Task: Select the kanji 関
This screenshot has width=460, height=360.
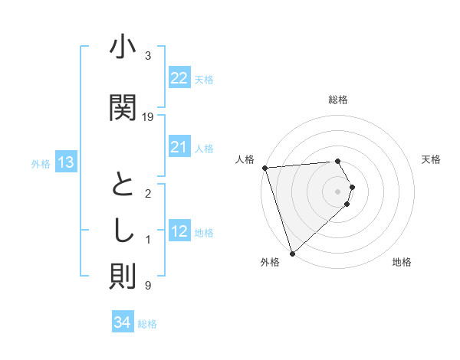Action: click(x=123, y=107)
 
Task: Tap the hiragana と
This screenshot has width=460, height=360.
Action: click(x=123, y=185)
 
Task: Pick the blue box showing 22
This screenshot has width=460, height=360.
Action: click(x=179, y=78)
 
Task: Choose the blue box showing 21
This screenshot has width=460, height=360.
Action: click(x=179, y=147)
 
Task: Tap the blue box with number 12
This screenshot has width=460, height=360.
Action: click(x=179, y=232)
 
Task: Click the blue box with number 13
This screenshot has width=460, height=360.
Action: click(x=65, y=162)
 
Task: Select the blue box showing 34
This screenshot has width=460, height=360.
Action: click(x=122, y=322)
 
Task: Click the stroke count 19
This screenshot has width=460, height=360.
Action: click(x=148, y=117)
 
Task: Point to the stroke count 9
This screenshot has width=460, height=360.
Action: click(x=148, y=286)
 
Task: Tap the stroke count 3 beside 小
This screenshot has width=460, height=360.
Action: click(x=148, y=56)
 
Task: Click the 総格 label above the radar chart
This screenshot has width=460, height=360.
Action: click(x=337, y=100)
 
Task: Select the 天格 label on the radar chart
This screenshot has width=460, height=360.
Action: click(x=431, y=159)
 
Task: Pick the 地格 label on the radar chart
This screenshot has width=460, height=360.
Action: click(x=402, y=262)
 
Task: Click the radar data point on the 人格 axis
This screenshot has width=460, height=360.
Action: click(x=264, y=168)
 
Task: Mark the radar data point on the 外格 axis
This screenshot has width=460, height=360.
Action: click(x=292, y=252)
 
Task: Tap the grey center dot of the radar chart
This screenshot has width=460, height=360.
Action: click(x=337, y=191)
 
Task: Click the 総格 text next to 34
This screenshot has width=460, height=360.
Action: click(x=147, y=324)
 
